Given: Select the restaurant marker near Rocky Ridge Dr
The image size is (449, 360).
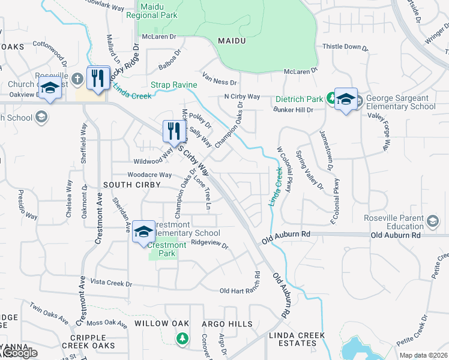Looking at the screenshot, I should click(97, 77).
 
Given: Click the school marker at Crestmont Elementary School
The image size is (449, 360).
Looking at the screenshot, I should click(143, 232).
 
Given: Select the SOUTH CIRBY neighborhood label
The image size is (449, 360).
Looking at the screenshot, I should click(131, 184).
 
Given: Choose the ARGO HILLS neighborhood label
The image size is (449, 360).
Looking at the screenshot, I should click(227, 324).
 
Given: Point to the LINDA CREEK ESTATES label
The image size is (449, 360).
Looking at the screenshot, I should click(297, 339).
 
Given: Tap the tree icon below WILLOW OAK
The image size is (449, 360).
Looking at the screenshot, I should click(182, 339).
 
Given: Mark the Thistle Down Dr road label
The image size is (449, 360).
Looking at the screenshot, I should click(345, 46).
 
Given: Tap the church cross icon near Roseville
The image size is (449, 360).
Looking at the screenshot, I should click(77, 79).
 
